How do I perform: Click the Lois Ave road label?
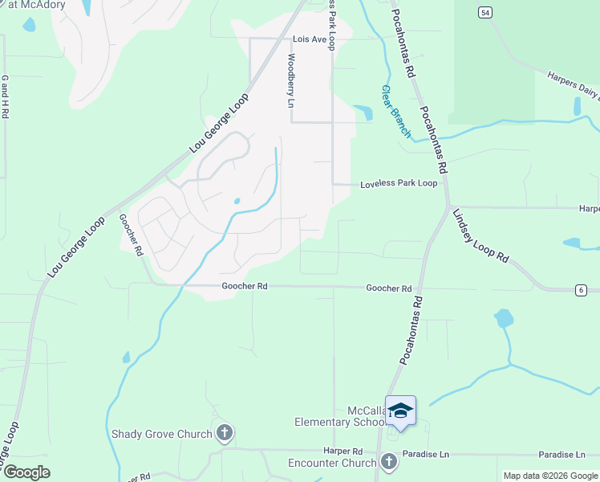(310, 39)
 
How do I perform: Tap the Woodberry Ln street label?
(291, 80)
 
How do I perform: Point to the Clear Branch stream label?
(395, 110)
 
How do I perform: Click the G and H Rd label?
(5, 97)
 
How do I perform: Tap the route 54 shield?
(484, 12)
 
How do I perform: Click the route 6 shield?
(579, 290)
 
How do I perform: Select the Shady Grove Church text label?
(162, 434)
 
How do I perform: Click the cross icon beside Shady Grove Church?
(225, 434)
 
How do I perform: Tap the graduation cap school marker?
(400, 411)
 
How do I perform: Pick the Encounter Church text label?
(332, 463)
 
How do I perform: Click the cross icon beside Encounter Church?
(389, 462)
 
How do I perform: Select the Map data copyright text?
(549, 476)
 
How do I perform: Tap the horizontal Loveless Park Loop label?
(398, 183)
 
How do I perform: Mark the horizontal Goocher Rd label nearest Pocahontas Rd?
(389, 288)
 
